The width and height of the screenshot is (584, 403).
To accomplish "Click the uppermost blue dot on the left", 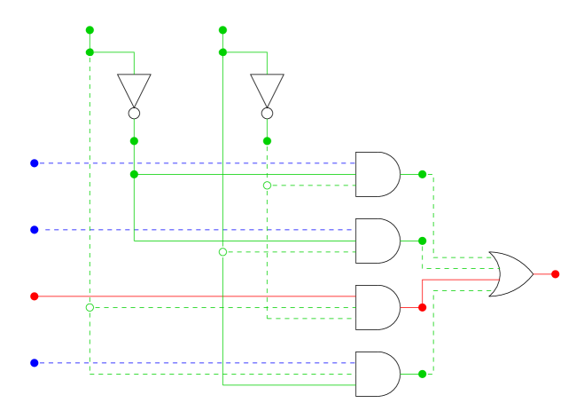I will (35, 163).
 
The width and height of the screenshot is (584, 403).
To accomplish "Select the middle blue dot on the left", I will (35, 230).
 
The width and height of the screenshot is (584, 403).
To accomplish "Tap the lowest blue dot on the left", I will (35, 363).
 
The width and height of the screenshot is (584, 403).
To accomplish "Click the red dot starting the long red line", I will (35, 296).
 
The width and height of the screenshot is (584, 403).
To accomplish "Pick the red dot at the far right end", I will (555, 274).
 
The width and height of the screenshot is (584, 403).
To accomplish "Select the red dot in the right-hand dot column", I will (422, 308).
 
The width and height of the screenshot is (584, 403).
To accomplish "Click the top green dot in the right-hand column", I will (422, 175).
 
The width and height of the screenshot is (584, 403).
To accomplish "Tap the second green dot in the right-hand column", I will (422, 241).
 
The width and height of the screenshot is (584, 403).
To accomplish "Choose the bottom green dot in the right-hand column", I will (422, 374).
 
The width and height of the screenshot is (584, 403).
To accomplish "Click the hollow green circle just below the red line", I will (90, 308).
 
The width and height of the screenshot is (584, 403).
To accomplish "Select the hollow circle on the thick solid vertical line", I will (222, 252).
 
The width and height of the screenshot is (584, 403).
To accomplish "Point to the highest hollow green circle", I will (267, 186).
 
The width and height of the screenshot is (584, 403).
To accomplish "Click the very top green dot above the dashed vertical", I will (90, 30).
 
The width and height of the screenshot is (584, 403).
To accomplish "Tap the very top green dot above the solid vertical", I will (222, 30).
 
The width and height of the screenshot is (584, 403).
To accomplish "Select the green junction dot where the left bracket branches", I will (90, 52).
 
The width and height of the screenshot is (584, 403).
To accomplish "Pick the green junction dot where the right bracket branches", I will (222, 52).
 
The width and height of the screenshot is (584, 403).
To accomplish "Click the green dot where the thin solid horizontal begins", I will (134, 175).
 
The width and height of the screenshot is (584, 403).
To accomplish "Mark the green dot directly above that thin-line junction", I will (134, 141).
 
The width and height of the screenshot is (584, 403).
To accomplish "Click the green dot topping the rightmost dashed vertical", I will (267, 141).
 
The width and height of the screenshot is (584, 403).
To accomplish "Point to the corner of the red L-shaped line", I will (422, 280).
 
